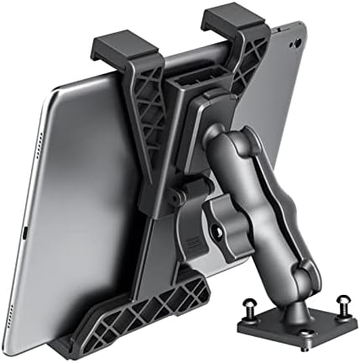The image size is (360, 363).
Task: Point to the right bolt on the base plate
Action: click(x=342, y=299)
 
